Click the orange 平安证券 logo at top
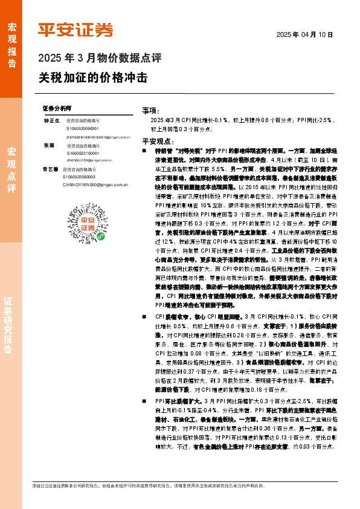pyautogui.click(x=76, y=30)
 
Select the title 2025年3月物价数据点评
pyautogui.click(x=100, y=59)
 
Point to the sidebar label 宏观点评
pyautogui.click(x=11, y=169)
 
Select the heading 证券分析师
pyautogui.click(x=57, y=108)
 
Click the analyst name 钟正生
pyautogui.click(x=51, y=121)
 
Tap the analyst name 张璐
pyautogui.click(x=48, y=146)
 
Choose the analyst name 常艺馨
pyautogui.click(x=51, y=170)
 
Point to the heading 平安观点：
pyautogui.click(x=155, y=140)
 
